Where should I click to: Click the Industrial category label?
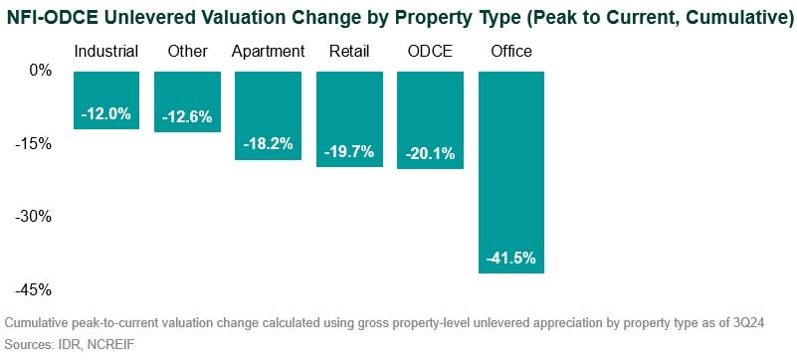(106, 52)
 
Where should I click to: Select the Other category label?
(187, 52)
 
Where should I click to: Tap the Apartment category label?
(268, 52)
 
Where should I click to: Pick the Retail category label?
(348, 52)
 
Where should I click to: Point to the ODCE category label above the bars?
(430, 52)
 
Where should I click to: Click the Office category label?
(511, 52)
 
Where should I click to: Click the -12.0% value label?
(106, 114)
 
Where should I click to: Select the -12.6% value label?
(187, 117)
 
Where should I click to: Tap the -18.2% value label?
(268, 144)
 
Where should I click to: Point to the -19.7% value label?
(348, 152)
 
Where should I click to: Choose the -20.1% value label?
(430, 154)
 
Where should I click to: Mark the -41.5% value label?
(511, 259)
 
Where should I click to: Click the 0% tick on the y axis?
(40, 71)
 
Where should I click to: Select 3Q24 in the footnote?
(776, 323)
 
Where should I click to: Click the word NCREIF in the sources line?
(111, 344)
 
